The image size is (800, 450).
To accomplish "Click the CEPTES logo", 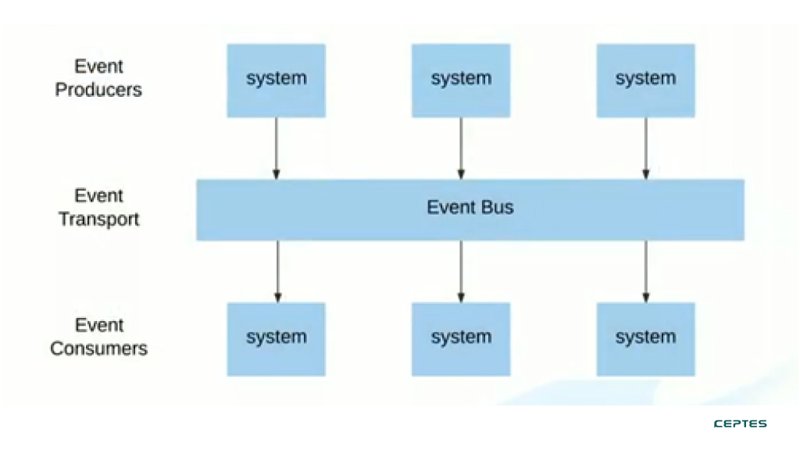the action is tap(740, 423).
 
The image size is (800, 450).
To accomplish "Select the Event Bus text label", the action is tap(470, 207).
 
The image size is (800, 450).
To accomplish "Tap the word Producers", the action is tap(98, 90).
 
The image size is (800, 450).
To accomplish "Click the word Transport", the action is tap(99, 220).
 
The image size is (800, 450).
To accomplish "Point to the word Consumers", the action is tap(99, 348).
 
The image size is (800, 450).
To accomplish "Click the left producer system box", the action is tap(276, 80).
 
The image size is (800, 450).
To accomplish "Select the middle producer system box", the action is tap(461, 80).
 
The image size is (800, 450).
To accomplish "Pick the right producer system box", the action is tap(645, 80).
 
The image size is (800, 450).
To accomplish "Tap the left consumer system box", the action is tap(276, 339).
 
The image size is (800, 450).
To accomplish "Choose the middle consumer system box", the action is tap(461, 339).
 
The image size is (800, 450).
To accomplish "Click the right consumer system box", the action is tap(645, 339).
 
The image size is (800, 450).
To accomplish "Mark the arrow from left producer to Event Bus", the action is tap(276, 148).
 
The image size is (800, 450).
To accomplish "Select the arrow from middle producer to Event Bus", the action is tap(461, 148).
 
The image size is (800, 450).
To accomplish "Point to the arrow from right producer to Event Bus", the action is tap(645, 148).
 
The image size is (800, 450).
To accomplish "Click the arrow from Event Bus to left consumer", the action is tap(277, 271).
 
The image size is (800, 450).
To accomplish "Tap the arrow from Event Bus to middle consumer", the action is tap(461, 271).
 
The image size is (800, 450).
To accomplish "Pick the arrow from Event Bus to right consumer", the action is tap(645, 271).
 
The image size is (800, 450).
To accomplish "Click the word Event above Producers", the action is tap(98, 66).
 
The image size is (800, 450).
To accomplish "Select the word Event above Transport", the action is tap(98, 196).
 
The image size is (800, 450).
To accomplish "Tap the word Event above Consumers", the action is tap(99, 326).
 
